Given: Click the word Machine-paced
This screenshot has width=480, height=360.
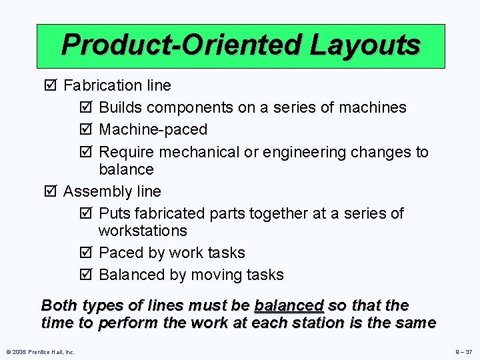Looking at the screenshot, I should [x=153, y=129].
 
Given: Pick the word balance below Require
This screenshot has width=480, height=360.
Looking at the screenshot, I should [x=126, y=169].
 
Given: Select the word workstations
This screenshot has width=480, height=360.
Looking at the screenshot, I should [x=143, y=231].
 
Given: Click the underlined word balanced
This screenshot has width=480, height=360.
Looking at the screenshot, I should [x=289, y=306].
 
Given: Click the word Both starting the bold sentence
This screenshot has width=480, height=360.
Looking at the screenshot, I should [x=58, y=306].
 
